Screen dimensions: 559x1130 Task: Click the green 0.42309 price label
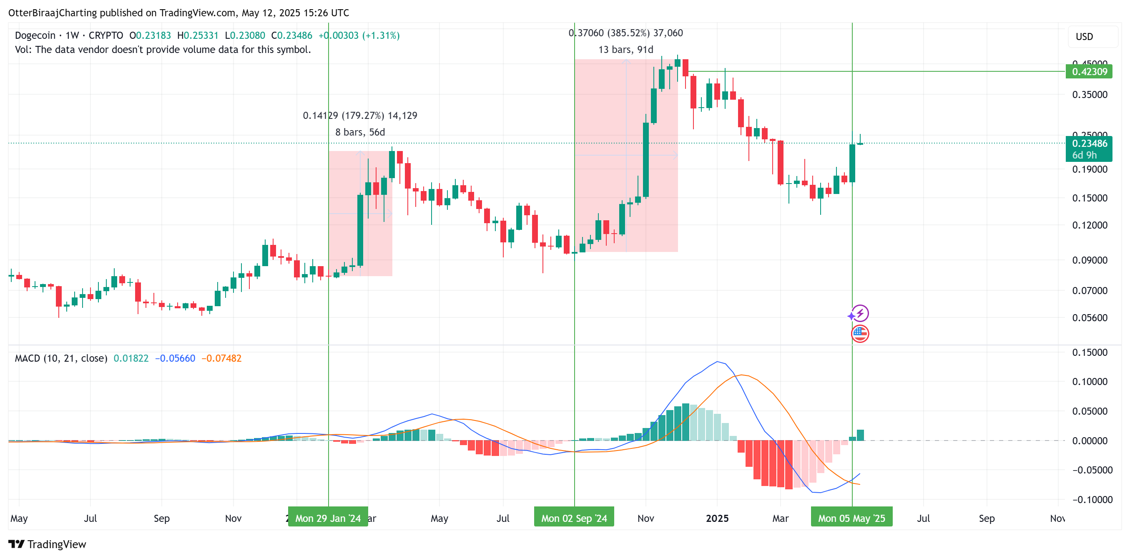pyautogui.click(x=1089, y=71)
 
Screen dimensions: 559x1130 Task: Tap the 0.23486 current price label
pyautogui.click(x=1089, y=144)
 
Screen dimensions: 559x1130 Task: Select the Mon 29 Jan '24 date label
pyautogui.click(x=328, y=518)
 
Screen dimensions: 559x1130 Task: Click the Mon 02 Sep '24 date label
pyautogui.click(x=574, y=518)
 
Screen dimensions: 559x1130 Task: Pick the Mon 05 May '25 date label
pyautogui.click(x=851, y=518)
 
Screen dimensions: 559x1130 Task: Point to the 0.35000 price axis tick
pyautogui.click(x=1089, y=95)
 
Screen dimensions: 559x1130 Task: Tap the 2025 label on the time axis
pyautogui.click(x=717, y=518)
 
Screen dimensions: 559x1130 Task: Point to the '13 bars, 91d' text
pyautogui.click(x=625, y=50)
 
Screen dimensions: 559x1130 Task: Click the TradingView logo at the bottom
pyautogui.click(x=48, y=544)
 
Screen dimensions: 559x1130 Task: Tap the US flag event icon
pyautogui.click(x=860, y=334)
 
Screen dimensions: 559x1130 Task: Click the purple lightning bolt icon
pyautogui.click(x=860, y=313)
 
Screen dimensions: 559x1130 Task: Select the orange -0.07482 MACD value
pyautogui.click(x=221, y=358)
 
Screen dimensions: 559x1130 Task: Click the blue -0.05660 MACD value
pyautogui.click(x=175, y=358)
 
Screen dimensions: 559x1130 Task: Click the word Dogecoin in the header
pyautogui.click(x=35, y=35)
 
